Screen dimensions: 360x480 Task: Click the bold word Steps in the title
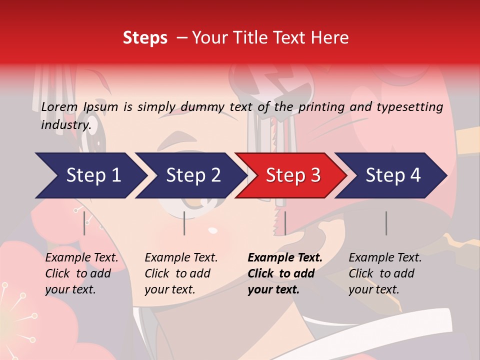click(145, 38)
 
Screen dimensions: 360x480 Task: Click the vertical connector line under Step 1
click(84, 223)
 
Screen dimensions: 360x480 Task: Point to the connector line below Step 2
click(184, 223)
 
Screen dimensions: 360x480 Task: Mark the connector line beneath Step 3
click(285, 223)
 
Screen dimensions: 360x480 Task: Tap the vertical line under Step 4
click(386, 223)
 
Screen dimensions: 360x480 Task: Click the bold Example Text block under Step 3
click(284, 273)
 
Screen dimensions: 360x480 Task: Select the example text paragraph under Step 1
click(81, 273)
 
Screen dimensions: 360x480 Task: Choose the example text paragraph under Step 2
click(181, 273)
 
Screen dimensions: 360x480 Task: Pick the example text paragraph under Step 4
click(385, 273)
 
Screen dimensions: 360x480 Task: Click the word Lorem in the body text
click(59, 106)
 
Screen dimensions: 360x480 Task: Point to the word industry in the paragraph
click(65, 124)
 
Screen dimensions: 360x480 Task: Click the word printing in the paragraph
click(321, 107)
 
